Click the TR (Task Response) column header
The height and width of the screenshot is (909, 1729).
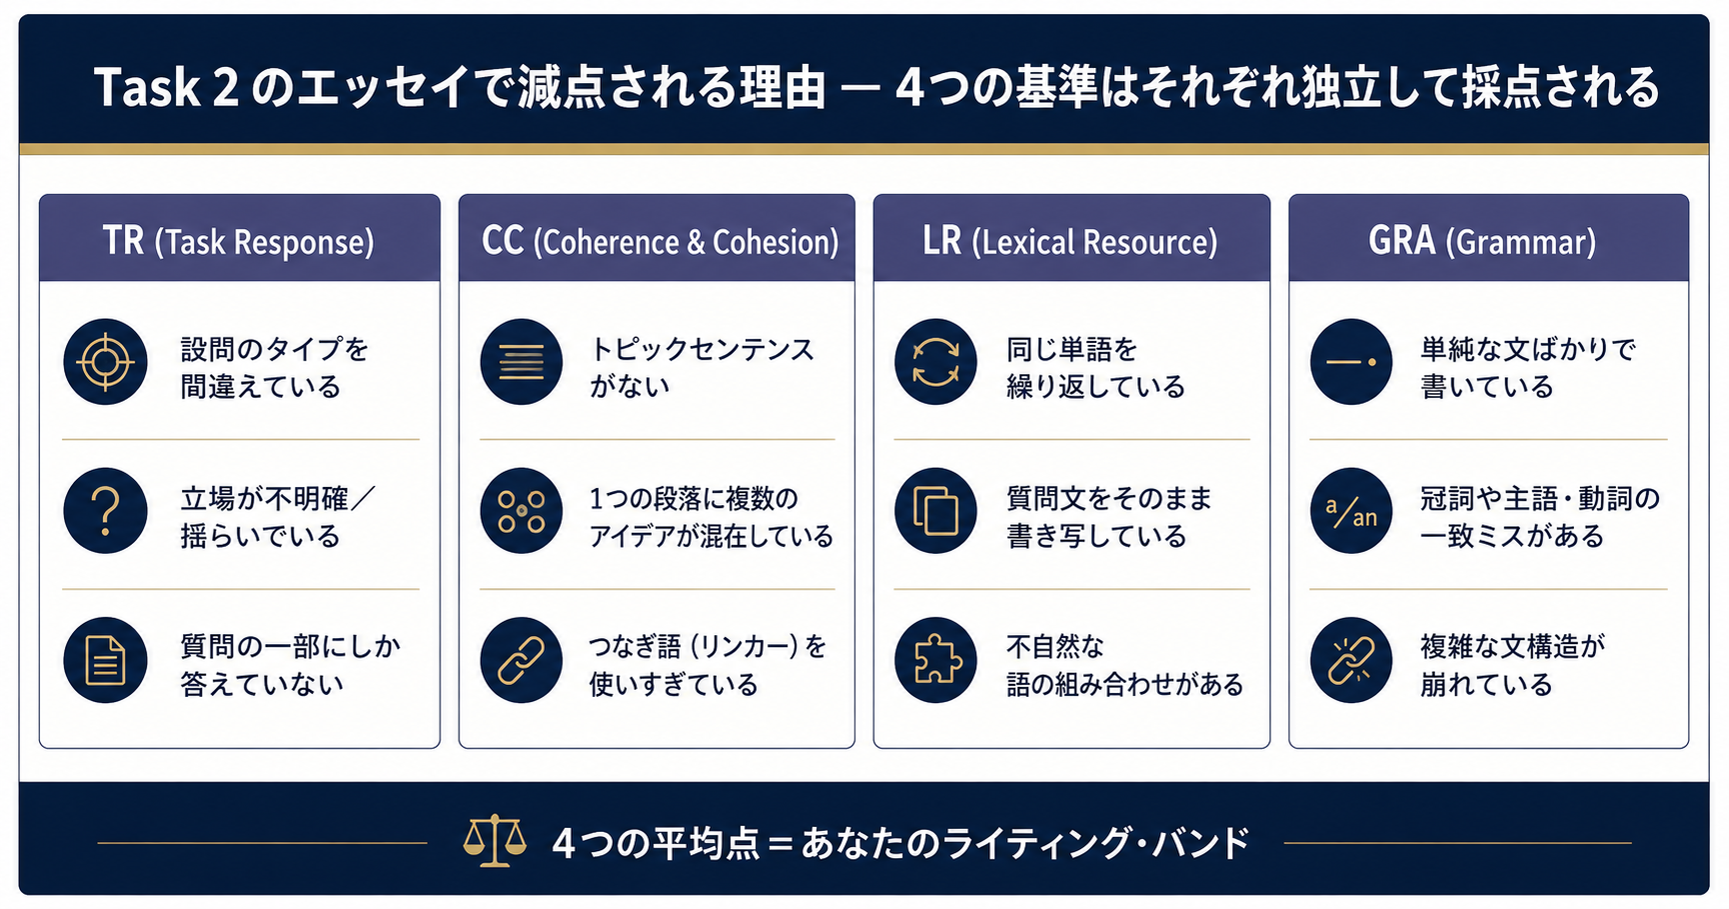[x=239, y=241]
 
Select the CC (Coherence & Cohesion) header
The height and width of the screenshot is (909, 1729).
[x=660, y=241]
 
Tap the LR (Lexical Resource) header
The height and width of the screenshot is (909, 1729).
[x=1070, y=241]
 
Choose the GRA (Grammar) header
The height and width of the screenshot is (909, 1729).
[x=1482, y=241]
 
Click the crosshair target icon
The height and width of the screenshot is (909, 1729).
[x=105, y=362]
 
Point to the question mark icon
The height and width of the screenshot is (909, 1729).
[x=105, y=511]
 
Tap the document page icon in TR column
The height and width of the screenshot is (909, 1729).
[x=105, y=660]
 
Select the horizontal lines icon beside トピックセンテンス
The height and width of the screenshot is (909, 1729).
[x=521, y=362]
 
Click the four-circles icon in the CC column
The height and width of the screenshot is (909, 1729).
[x=521, y=511]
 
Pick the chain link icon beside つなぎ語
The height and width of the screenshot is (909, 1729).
[x=521, y=660]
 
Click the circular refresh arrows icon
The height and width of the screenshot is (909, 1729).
[x=935, y=362]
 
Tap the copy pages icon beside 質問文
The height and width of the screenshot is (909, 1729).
[x=935, y=511]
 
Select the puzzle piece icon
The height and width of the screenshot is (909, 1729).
[x=935, y=660]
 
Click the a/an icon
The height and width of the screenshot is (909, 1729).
[x=1351, y=511]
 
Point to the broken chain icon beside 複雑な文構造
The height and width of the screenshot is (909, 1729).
[x=1351, y=660]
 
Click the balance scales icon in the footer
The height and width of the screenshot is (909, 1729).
[x=495, y=841]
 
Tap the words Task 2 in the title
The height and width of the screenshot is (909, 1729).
[x=166, y=87]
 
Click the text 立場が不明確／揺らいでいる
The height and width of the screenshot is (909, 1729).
[x=277, y=517]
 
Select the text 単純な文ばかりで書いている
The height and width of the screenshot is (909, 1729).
[x=1528, y=367]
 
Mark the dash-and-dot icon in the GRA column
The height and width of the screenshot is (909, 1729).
[x=1351, y=362]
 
